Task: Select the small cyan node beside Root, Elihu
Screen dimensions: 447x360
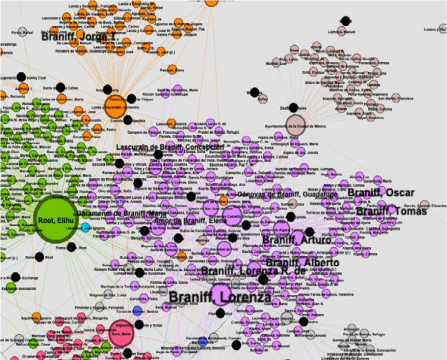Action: pos(85,227)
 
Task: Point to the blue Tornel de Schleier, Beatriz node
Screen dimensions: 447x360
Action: pos(138,311)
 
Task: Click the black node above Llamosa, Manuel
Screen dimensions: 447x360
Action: pos(346,21)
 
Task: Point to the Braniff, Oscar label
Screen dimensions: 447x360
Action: pos(381,193)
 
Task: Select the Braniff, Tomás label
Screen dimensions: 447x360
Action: pos(391,210)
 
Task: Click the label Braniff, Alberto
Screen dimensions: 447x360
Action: pos(302,263)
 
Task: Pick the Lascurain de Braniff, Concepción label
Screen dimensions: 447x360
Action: pos(170,147)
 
